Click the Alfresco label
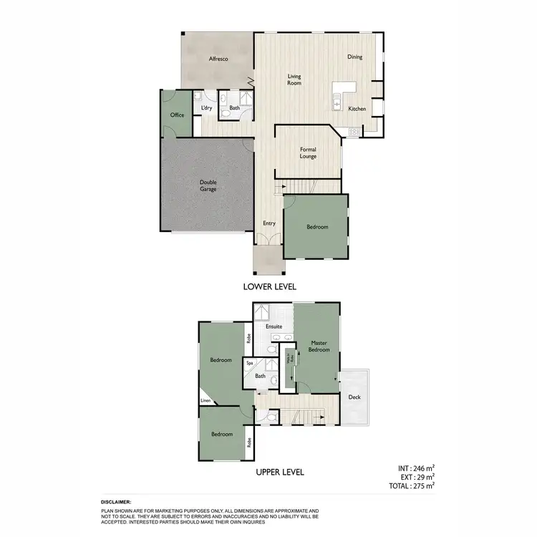coord(218,59)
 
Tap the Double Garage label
coord(208,185)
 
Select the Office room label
coord(177,115)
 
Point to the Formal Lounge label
coord(308,153)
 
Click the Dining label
coord(355,57)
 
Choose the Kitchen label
coord(357,109)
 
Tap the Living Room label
coord(294,79)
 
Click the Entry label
coord(269,223)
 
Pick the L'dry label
coord(207,108)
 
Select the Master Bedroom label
coord(318,347)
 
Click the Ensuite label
coord(274,326)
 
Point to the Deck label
coord(354,397)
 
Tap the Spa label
coord(250,364)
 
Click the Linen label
coord(206,401)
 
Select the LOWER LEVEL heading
coord(269,286)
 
